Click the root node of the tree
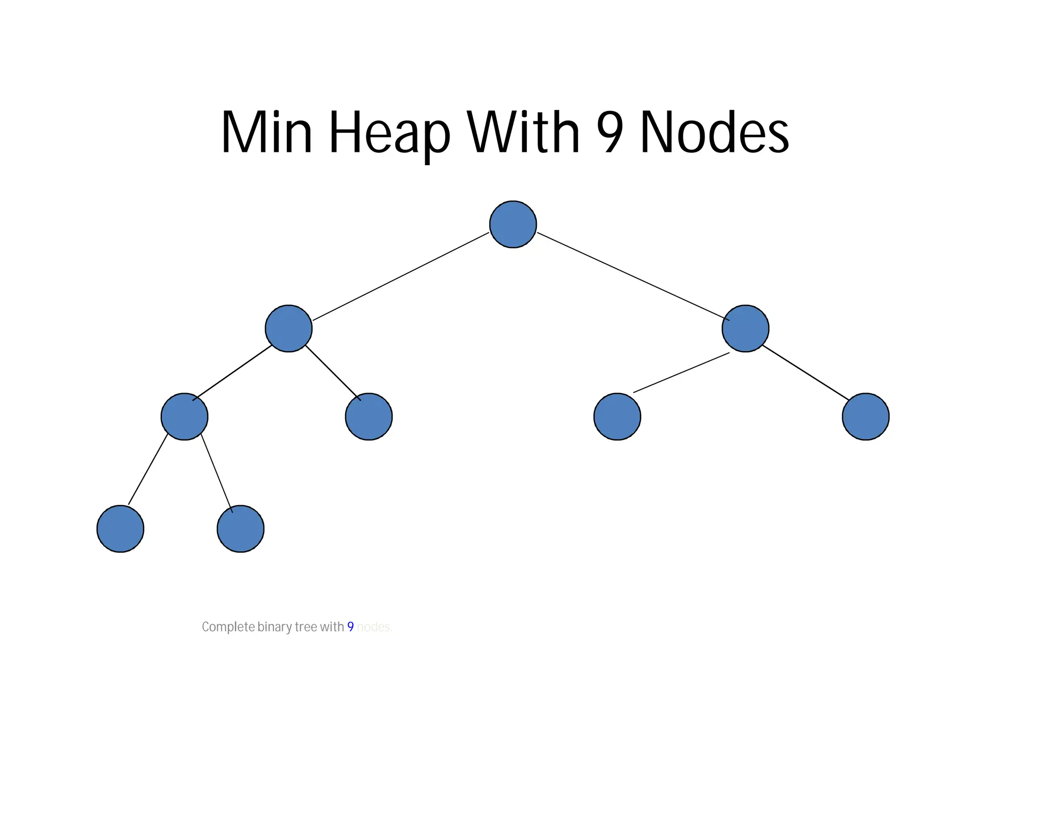pyautogui.click(x=512, y=224)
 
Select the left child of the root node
pyautogui.click(x=288, y=328)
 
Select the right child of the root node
pyautogui.click(x=745, y=328)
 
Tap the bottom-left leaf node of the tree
pyautogui.click(x=120, y=529)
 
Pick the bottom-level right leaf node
pyautogui.click(x=240, y=529)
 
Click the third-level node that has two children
pyautogui.click(x=184, y=416)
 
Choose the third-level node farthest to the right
pyautogui.click(x=865, y=416)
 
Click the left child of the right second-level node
pyautogui.click(x=617, y=416)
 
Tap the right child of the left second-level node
pyautogui.click(x=368, y=416)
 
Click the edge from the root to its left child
pyautogui.click(x=400, y=277)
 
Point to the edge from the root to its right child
pyautogui.click(x=633, y=276)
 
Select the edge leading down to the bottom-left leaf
pyautogui.click(x=148, y=470)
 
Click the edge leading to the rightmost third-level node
pyautogui.click(x=806, y=372)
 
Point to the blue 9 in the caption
pyautogui.click(x=350, y=626)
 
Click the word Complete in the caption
pyautogui.click(x=228, y=626)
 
